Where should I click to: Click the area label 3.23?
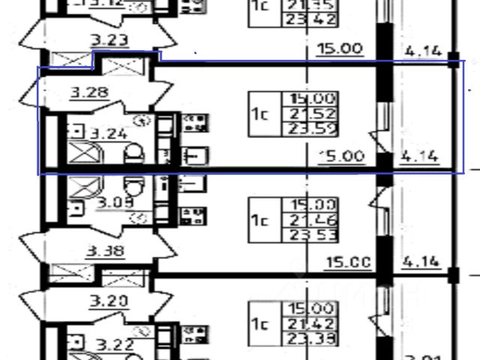[x=109, y=40]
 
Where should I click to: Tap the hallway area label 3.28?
[x=89, y=94]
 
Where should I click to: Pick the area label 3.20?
[x=109, y=301]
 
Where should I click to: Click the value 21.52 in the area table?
[x=310, y=114]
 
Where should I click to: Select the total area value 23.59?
[x=310, y=129]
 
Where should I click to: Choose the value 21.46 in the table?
[x=310, y=220]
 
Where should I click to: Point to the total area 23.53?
[x=310, y=235]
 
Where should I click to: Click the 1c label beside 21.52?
[x=260, y=114]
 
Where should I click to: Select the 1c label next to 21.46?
[x=260, y=220]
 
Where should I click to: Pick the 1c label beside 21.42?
[x=260, y=324]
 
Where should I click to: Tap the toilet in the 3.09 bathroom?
[x=134, y=184]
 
